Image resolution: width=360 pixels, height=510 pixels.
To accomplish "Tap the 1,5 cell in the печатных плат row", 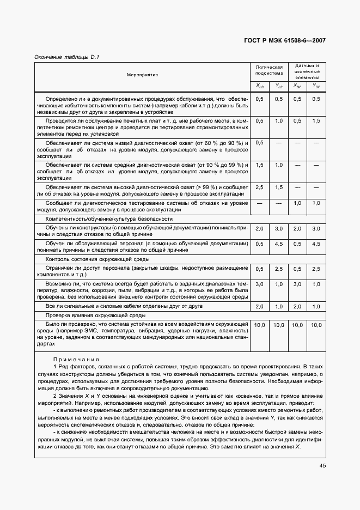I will pos(316,121).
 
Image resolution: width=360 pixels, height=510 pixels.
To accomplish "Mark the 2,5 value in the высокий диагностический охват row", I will pos(260,187).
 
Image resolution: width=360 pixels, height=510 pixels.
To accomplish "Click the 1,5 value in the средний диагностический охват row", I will pos(260,165).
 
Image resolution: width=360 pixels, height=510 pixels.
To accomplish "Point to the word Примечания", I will pos(76,360).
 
